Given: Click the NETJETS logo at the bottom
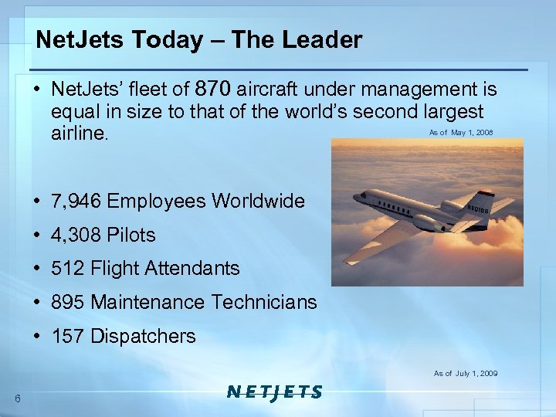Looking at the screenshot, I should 275,392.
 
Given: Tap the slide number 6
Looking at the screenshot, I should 17,398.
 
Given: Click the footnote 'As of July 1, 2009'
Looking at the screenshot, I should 466,374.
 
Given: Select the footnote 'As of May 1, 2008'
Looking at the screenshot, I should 461,133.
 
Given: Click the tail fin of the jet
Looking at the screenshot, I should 485,203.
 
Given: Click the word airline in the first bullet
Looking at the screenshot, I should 80,134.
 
